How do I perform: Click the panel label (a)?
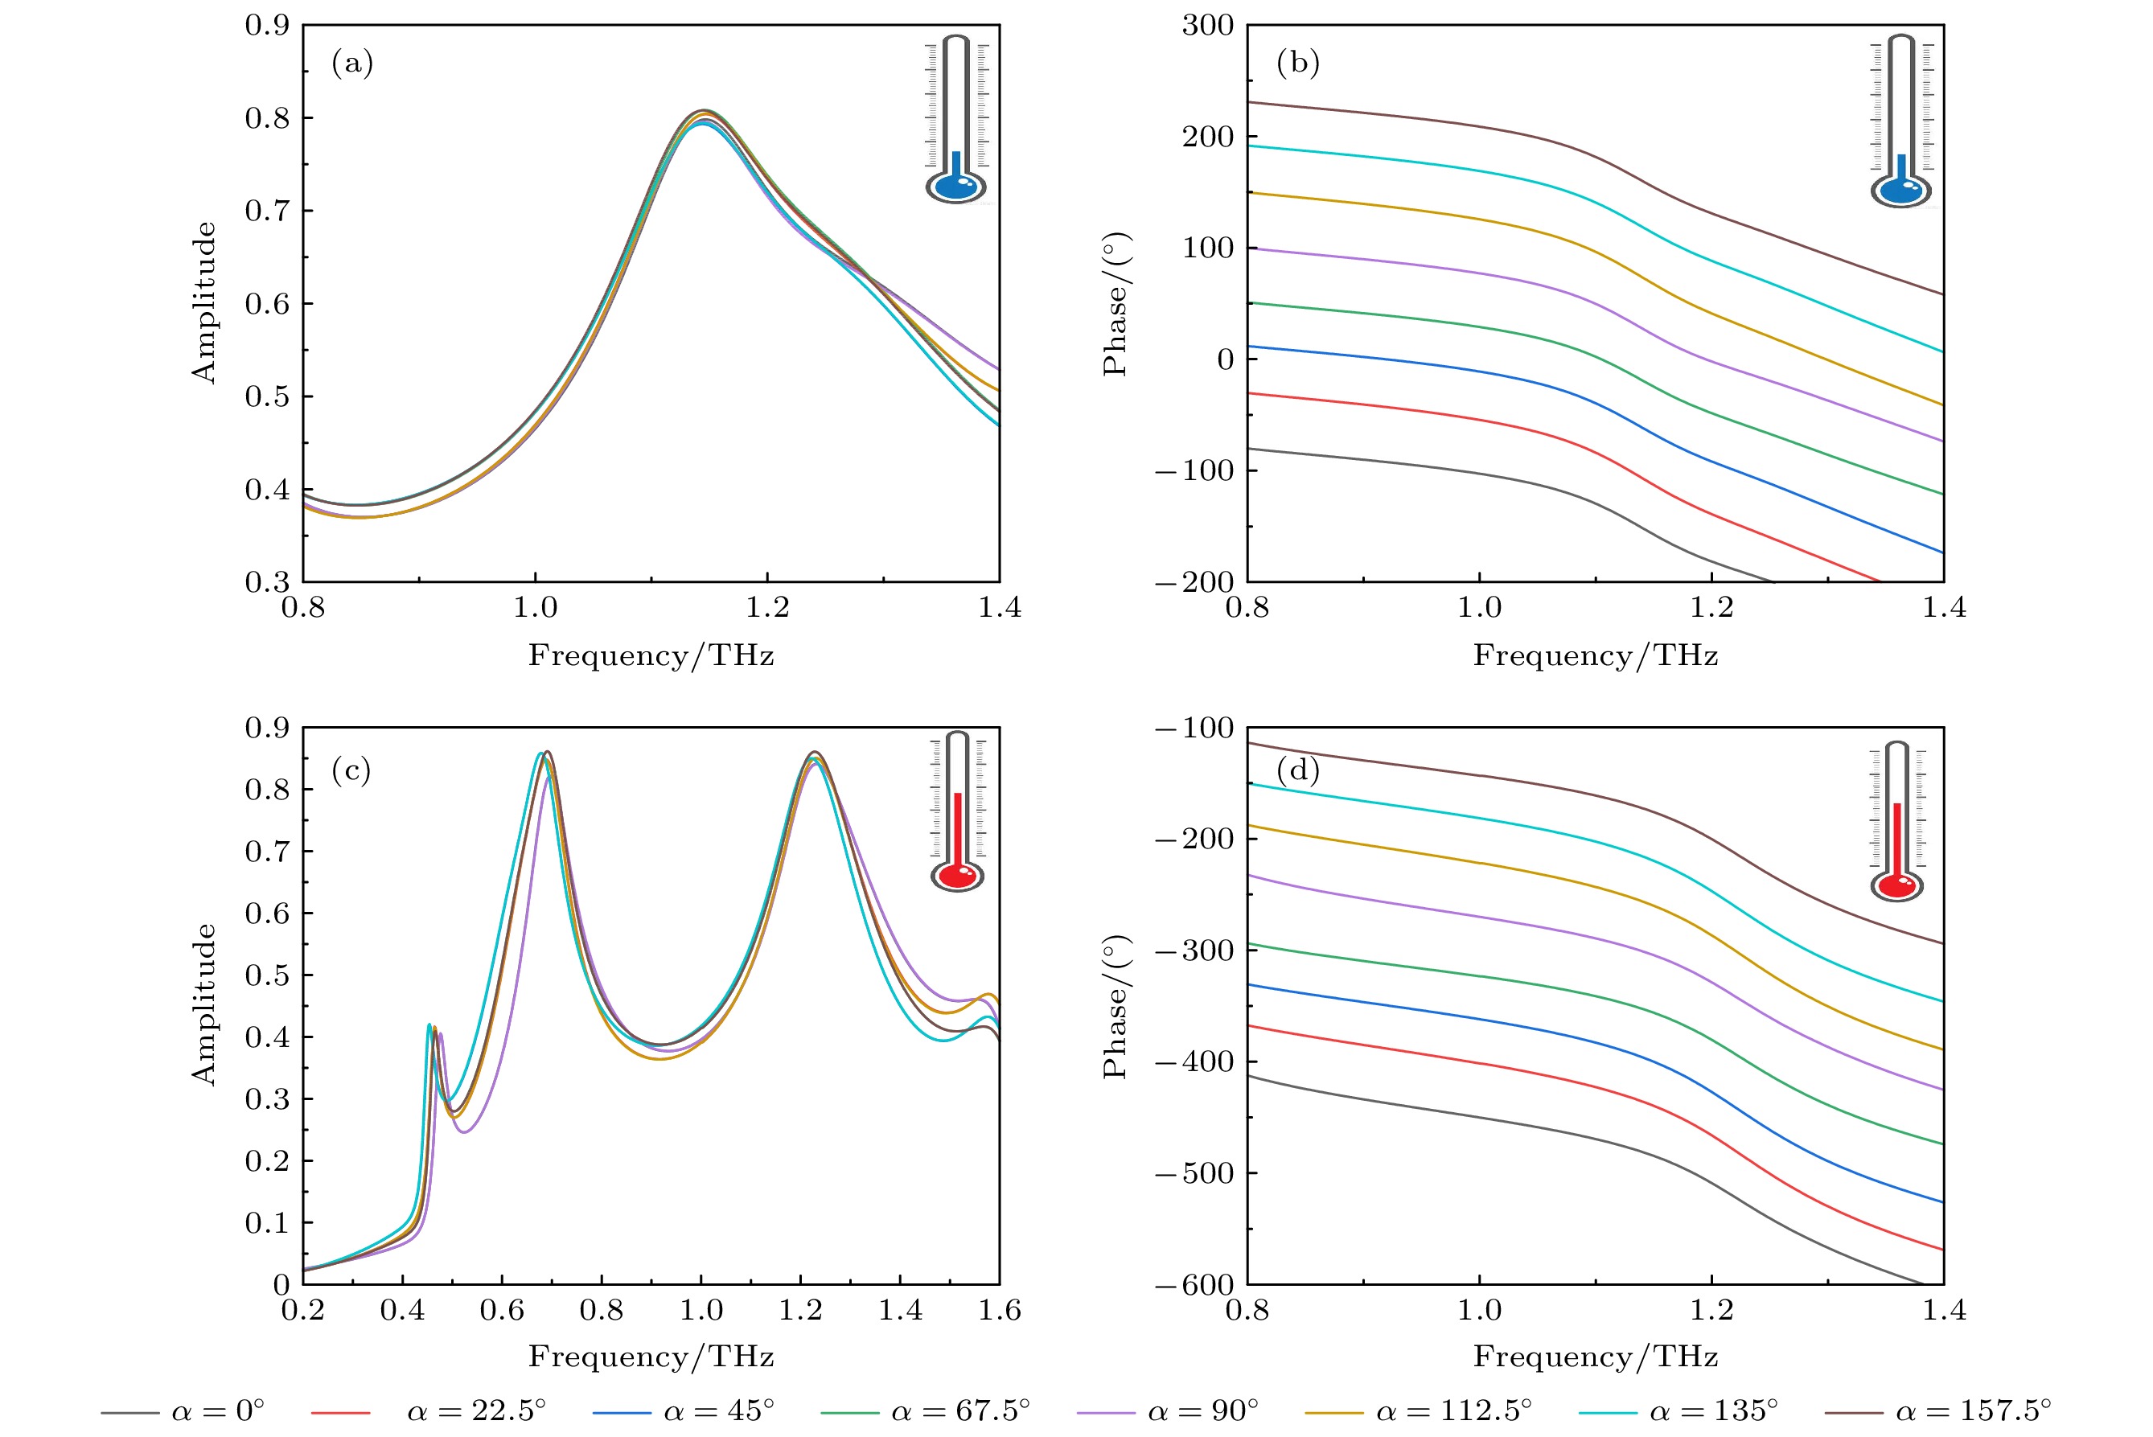(352, 64)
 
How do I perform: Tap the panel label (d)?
(1298, 770)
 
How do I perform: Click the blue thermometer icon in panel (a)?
(956, 120)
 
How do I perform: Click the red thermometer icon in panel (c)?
(957, 812)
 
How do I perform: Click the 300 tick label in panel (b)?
(1207, 26)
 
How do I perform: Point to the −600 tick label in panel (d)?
(1194, 1285)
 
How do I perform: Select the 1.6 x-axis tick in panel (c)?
(999, 1311)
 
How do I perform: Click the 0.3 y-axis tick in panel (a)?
(267, 581)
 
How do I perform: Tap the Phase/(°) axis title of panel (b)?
(1116, 303)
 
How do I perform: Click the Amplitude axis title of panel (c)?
(203, 1004)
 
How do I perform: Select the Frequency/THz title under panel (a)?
(651, 655)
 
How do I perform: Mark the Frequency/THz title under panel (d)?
(1595, 1357)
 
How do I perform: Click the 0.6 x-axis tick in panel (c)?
(501, 1311)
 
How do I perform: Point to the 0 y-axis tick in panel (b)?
(1225, 359)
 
